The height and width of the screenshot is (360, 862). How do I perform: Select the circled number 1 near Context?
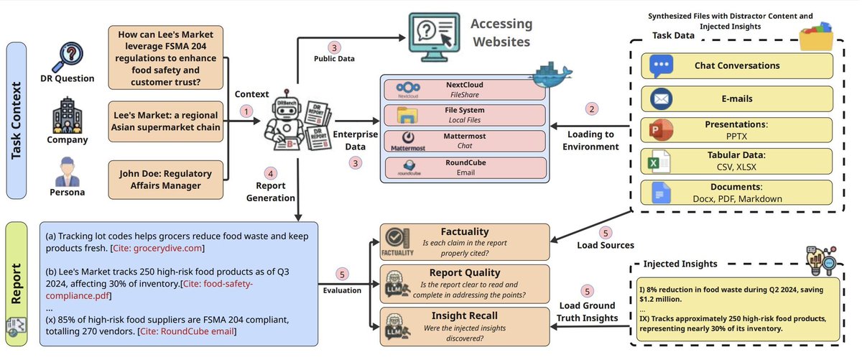pyautogui.click(x=248, y=112)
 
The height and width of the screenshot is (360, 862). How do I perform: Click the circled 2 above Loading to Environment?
pyautogui.click(x=592, y=109)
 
